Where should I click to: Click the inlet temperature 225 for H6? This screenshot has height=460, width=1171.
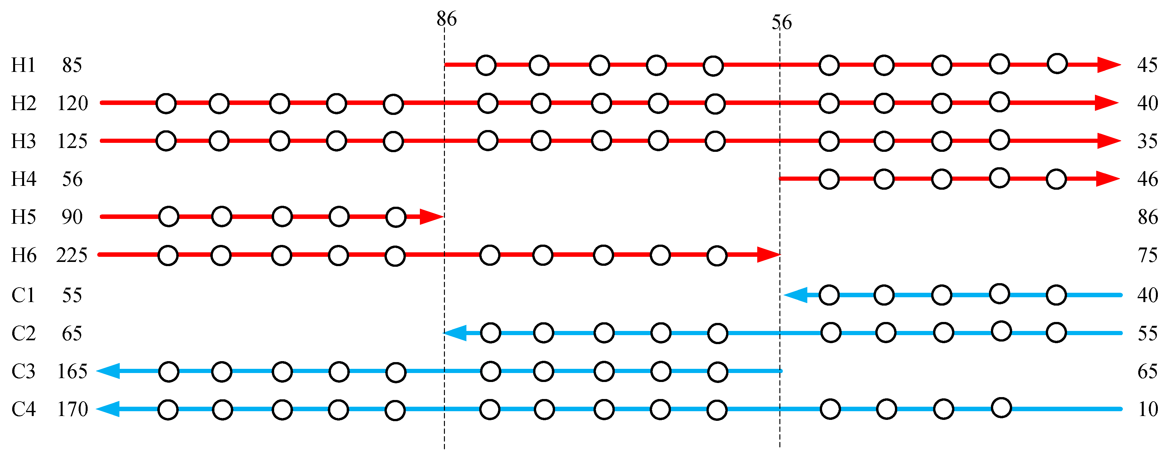[72, 255]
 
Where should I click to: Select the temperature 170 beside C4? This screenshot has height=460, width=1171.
[72, 409]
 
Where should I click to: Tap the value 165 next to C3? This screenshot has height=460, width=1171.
[72, 371]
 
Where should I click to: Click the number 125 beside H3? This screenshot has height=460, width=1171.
[72, 141]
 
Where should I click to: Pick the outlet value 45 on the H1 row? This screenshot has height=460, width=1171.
[1147, 65]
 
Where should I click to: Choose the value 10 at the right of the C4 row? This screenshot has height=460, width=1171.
[1147, 409]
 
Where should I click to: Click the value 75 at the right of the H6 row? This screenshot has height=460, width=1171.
[1147, 255]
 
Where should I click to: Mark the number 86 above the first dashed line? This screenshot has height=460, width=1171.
[447, 19]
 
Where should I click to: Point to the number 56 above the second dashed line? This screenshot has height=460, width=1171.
[781, 22]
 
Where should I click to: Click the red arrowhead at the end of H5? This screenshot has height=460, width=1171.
[430, 217]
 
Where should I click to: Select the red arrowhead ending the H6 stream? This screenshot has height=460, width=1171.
[768, 255]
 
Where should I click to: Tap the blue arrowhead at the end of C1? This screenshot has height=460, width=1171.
[795, 295]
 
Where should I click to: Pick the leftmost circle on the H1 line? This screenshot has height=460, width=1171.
[486, 65]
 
